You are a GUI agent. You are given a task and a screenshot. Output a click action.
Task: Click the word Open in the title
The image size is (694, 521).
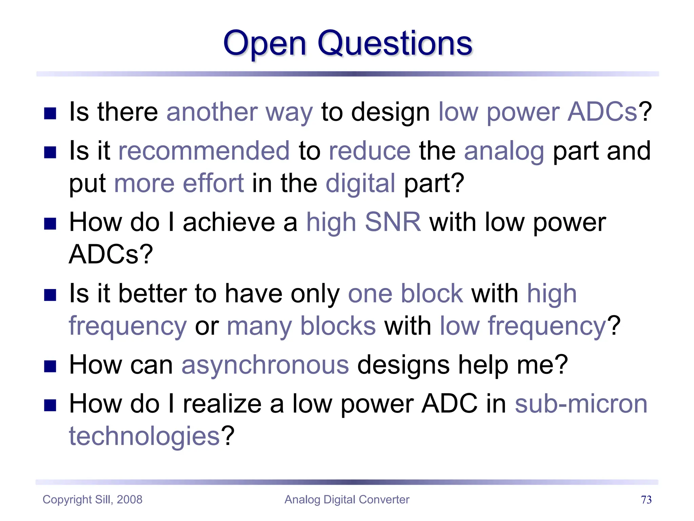265,44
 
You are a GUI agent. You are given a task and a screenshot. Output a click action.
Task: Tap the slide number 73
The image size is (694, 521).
646,500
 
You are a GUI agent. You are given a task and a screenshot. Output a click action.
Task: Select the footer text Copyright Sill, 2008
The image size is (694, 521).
93,500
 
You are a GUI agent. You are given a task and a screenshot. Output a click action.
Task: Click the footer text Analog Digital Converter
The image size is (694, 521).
347,500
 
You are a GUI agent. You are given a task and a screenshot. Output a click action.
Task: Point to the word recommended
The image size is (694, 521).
204,151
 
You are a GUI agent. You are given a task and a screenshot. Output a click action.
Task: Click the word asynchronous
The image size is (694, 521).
265,365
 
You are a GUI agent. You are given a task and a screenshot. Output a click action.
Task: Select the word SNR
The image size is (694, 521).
393,222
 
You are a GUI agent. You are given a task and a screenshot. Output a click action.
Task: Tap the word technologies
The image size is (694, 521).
145,436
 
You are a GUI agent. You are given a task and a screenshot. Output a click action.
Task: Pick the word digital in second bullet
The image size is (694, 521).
360,184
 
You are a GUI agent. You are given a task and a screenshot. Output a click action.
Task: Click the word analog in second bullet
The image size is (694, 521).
504,151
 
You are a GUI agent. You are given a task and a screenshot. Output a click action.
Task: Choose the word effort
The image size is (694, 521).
213,183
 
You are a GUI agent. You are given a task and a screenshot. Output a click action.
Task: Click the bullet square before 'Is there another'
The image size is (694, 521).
50,114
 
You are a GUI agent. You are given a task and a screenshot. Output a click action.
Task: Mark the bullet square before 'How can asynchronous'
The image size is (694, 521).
50,366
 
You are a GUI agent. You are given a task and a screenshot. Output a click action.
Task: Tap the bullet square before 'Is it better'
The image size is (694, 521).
50,295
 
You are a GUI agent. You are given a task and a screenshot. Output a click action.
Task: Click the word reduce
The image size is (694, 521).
369,151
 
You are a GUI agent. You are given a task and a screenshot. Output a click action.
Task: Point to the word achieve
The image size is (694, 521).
229,223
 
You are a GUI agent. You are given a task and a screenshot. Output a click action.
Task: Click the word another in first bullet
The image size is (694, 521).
212,112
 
